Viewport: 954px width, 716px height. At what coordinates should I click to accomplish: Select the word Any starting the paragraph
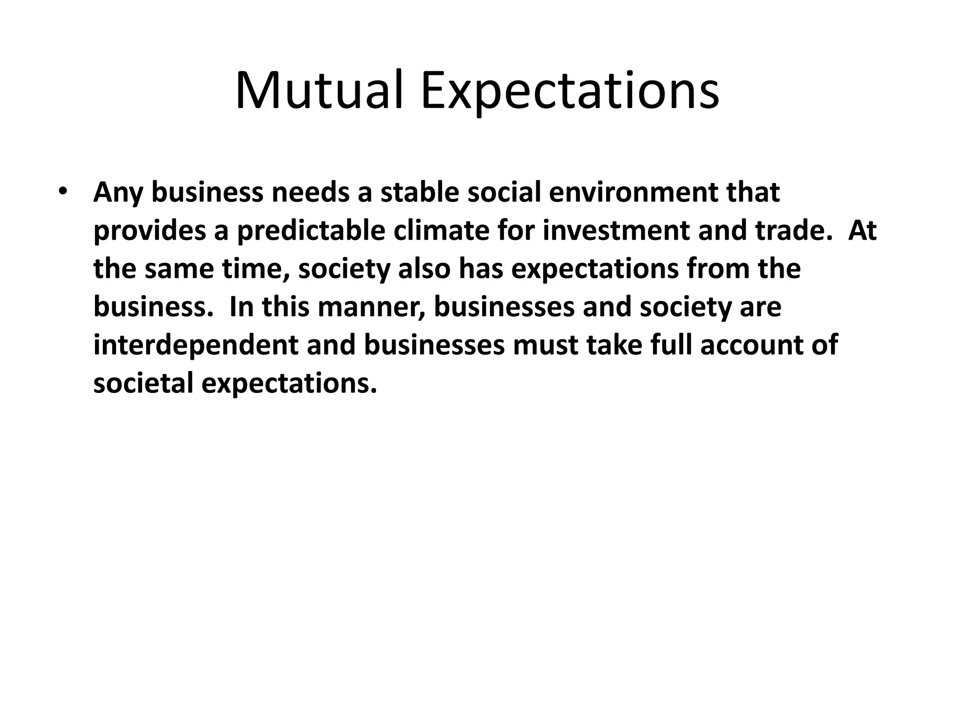[118, 193]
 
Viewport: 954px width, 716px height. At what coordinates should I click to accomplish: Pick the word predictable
[311, 231]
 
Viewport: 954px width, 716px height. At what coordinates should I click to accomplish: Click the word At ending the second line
[862, 231]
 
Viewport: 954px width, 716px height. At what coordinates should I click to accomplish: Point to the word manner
[371, 307]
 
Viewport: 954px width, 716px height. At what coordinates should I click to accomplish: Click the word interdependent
[196, 345]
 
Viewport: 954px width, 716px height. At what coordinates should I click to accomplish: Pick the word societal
[143, 384]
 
